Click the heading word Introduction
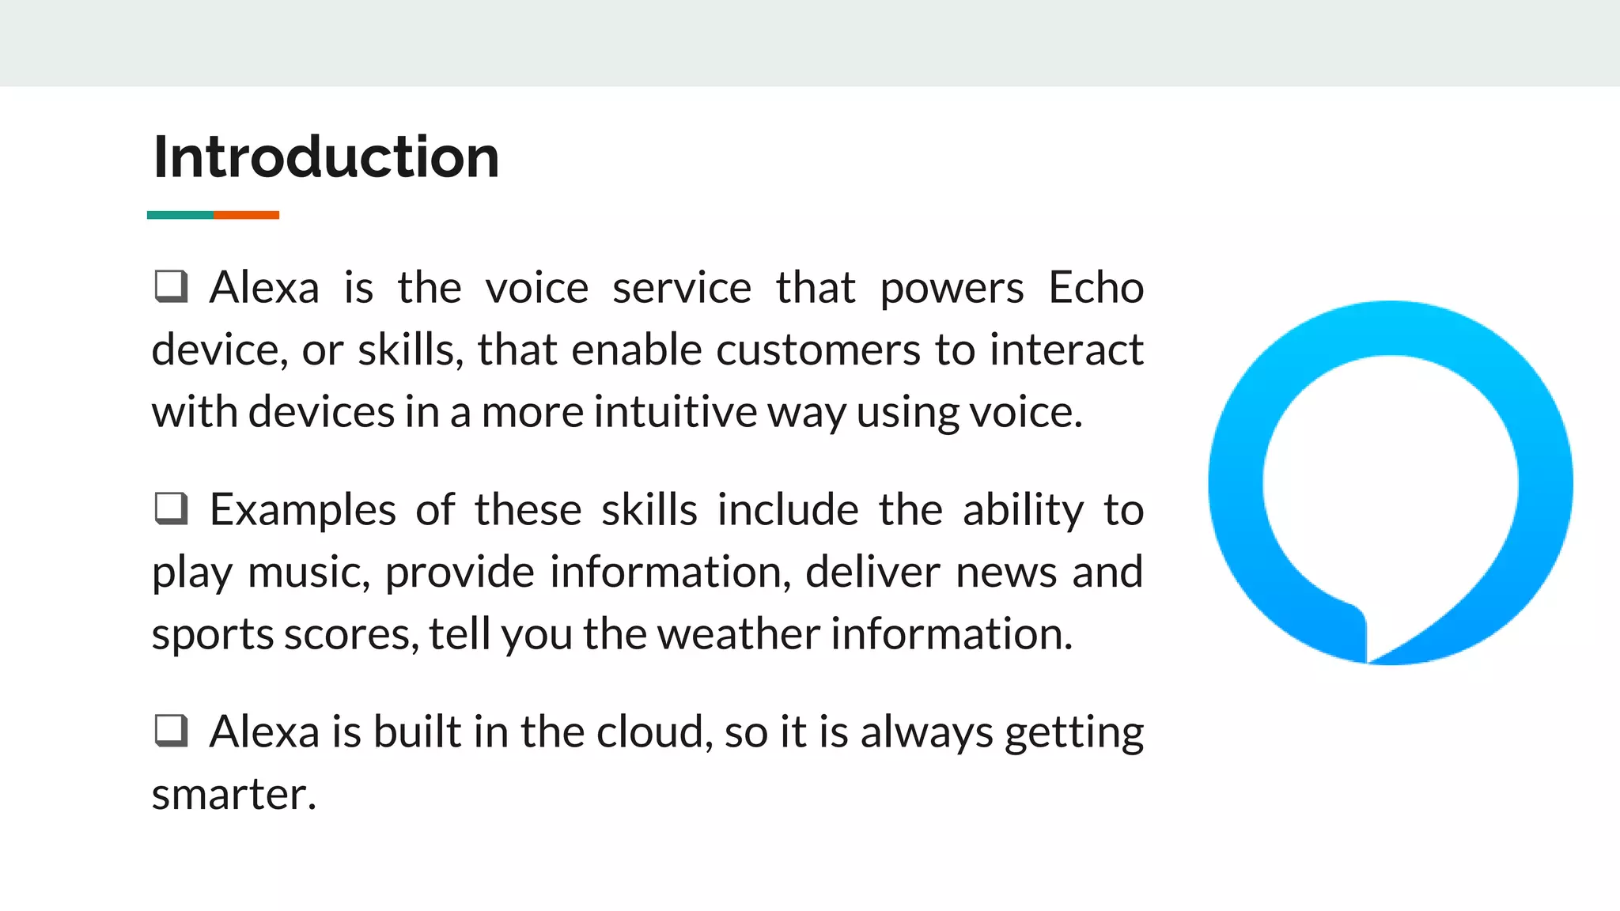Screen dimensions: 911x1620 click(326, 157)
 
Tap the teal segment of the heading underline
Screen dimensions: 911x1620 click(180, 215)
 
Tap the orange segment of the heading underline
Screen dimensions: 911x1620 click(246, 215)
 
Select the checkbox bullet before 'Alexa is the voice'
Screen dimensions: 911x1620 click(171, 286)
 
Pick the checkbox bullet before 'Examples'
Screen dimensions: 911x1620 click(171, 508)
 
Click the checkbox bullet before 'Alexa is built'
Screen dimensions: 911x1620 click(171, 731)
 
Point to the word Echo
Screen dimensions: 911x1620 click(1096, 287)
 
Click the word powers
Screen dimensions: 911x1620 click(952, 289)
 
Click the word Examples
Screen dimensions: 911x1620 click(302, 510)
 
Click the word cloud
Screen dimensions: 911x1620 click(649, 731)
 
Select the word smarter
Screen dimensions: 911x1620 click(233, 794)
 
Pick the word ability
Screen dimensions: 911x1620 click(1023, 511)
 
